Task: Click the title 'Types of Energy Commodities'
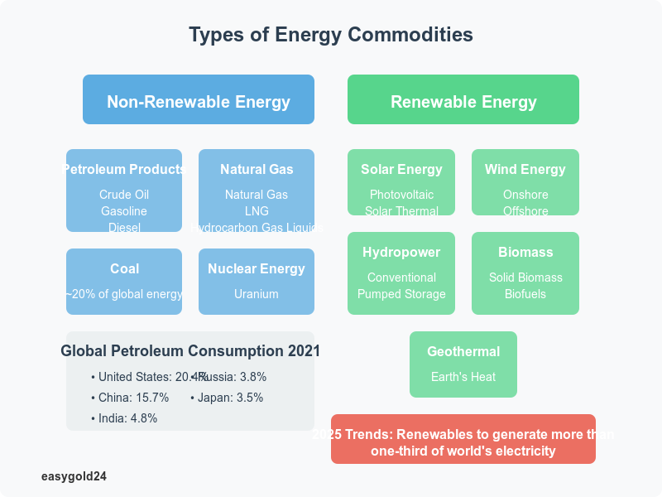pyautogui.click(x=331, y=35)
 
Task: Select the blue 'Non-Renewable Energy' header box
pyautogui.click(x=199, y=99)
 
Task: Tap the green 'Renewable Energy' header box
pyautogui.click(x=463, y=99)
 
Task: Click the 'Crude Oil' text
pyautogui.click(x=124, y=195)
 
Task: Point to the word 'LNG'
pyautogui.click(x=257, y=211)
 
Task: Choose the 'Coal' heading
pyautogui.click(x=124, y=268)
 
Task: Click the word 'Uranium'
pyautogui.click(x=257, y=294)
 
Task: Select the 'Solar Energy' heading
pyautogui.click(x=401, y=169)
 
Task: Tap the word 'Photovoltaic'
pyautogui.click(x=401, y=195)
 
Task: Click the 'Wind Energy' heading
pyautogui.click(x=525, y=169)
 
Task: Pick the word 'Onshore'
pyautogui.click(x=525, y=195)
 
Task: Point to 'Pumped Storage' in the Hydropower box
pyautogui.click(x=401, y=294)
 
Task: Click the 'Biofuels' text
pyautogui.click(x=525, y=294)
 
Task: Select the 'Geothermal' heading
pyautogui.click(x=463, y=351)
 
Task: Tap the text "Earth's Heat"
pyautogui.click(x=463, y=377)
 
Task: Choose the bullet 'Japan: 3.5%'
pyautogui.click(x=227, y=398)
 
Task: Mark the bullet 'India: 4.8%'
pyautogui.click(x=124, y=418)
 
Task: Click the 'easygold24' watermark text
pyautogui.click(x=74, y=476)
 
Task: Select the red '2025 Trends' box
pyautogui.click(x=463, y=439)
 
